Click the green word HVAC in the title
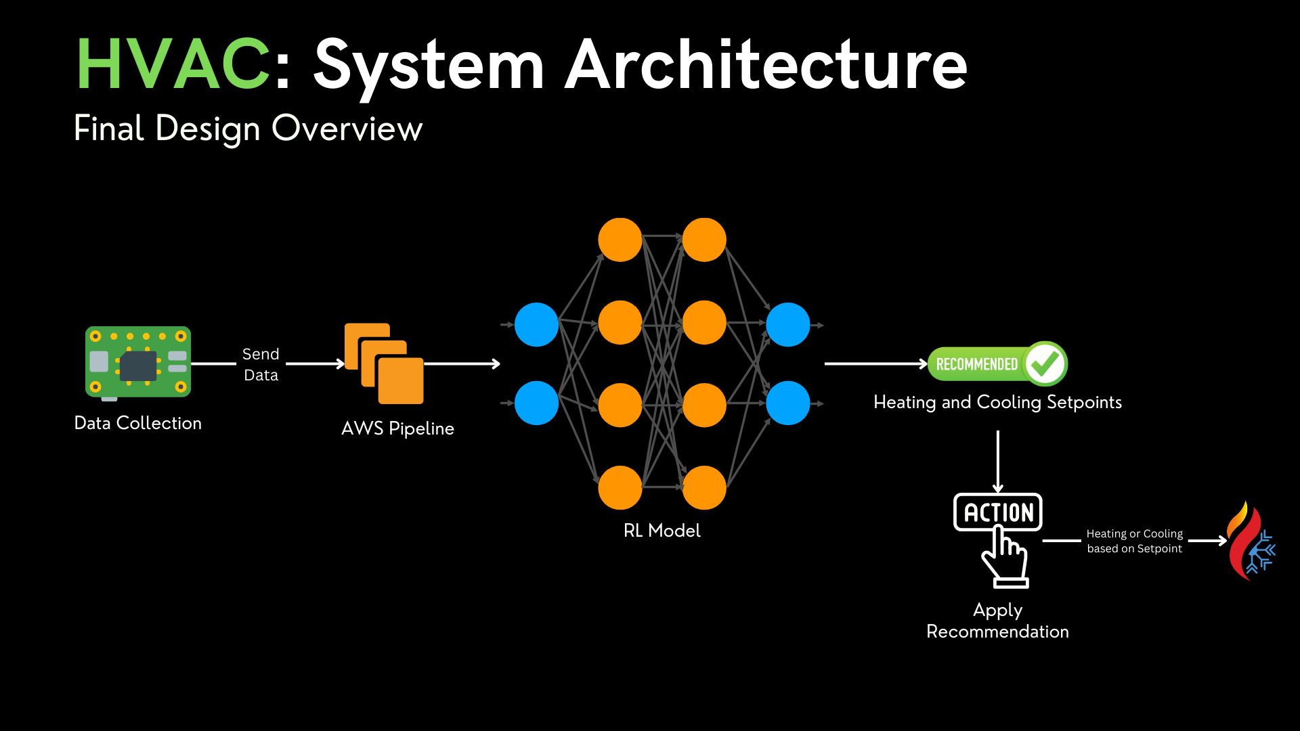[x=173, y=64]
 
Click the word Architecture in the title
[x=766, y=64]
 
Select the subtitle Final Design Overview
[x=248, y=129]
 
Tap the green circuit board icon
[x=138, y=362]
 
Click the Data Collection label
[x=138, y=423]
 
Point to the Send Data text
[x=261, y=364]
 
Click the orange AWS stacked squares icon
[x=384, y=363]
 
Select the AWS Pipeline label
[x=397, y=428]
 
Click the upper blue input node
[x=536, y=325]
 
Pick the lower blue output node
[x=787, y=403]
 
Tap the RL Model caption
[x=662, y=531]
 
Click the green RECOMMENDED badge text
[x=976, y=364]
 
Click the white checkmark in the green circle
[x=1045, y=363]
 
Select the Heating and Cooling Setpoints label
[x=997, y=402]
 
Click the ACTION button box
[x=998, y=512]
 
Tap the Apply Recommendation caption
[x=997, y=621]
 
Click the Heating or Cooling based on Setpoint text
[x=1134, y=541]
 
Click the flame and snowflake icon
[x=1250, y=541]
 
